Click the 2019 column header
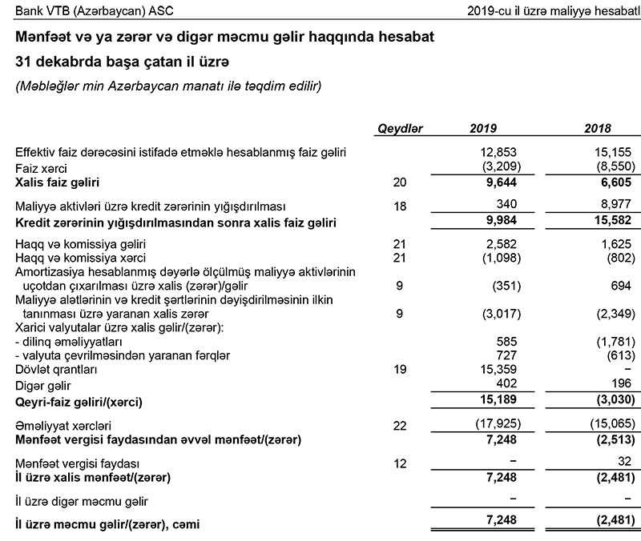(x=483, y=129)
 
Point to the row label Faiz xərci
(x=42, y=169)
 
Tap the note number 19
(x=401, y=371)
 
